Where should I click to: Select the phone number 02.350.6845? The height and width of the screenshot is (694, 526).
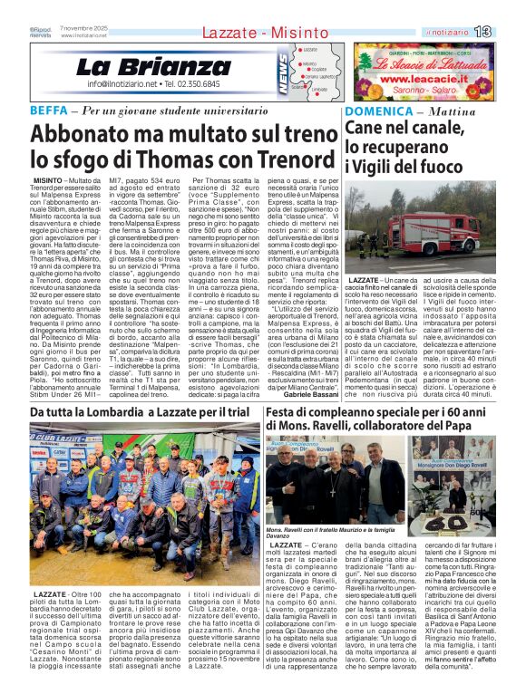click(207, 84)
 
